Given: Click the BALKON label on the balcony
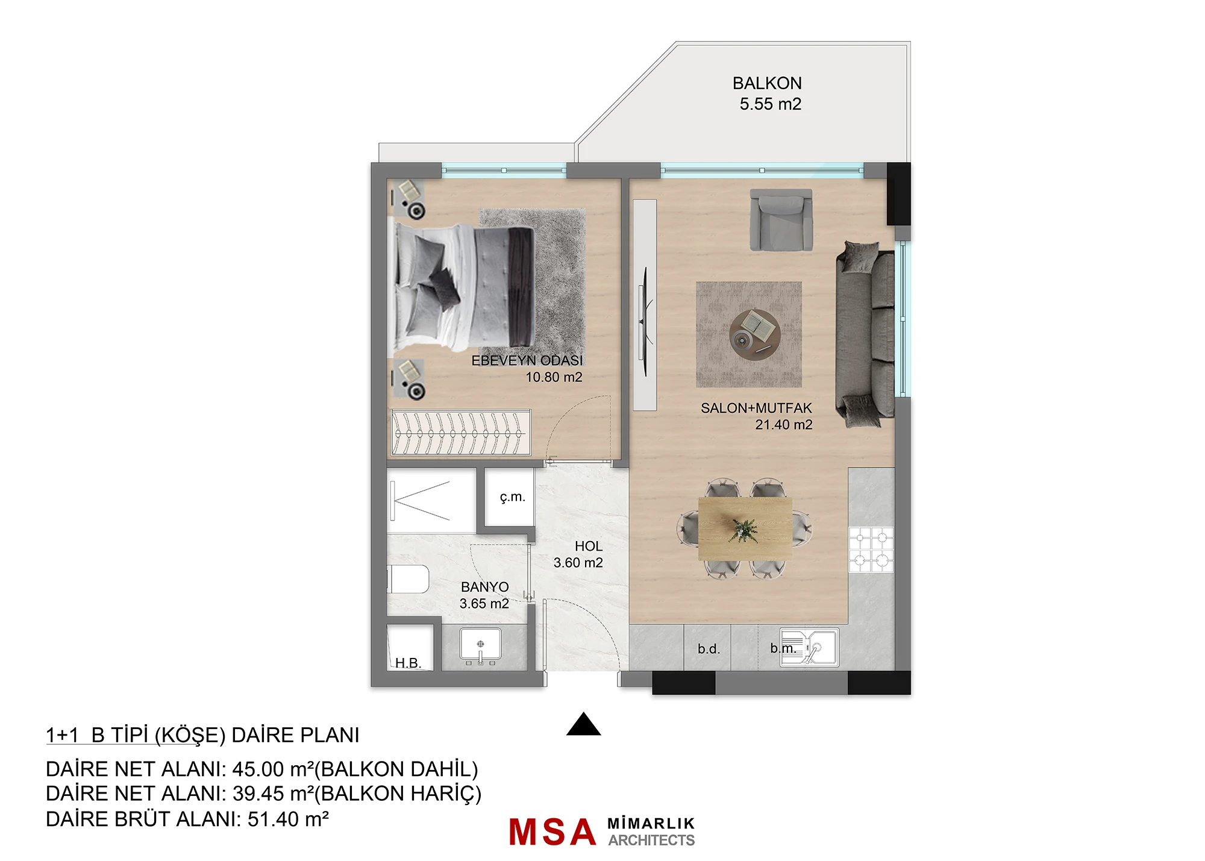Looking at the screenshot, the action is [x=767, y=83].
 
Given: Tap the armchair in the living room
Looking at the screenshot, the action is [x=781, y=220].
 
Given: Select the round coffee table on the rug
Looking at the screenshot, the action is [x=755, y=334].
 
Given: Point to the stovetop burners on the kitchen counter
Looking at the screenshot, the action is [x=871, y=549].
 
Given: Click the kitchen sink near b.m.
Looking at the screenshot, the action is [x=809, y=648].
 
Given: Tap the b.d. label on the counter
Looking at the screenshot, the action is [x=709, y=649].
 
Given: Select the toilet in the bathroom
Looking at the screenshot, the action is [x=408, y=579].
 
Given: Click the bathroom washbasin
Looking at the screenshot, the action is [x=480, y=645].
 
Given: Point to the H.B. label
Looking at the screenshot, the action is [x=408, y=663].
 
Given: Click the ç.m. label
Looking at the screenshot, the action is [x=512, y=497].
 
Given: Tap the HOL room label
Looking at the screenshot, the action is [x=588, y=546].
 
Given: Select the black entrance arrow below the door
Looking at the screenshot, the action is [x=583, y=724].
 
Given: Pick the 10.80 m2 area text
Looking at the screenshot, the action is [x=554, y=377].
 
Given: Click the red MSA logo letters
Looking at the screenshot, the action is [x=552, y=832].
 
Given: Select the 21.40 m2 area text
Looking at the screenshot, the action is [x=784, y=425].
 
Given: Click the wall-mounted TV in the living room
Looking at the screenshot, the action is [x=644, y=322].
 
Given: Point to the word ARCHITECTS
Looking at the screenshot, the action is [x=651, y=840].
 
